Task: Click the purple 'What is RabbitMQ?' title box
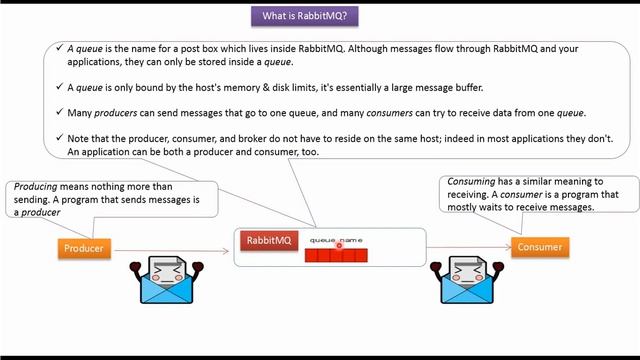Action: click(319, 16)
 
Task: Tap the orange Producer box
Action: click(84, 249)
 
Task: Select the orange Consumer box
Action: click(538, 247)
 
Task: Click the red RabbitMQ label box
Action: click(269, 240)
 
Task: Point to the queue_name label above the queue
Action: click(336, 240)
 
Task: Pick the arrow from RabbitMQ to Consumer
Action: click(470, 247)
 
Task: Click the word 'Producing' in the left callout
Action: click(34, 187)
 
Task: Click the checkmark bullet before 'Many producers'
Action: click(59, 112)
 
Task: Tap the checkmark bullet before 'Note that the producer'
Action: click(59, 138)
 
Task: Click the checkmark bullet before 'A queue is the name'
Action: click(59, 48)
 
